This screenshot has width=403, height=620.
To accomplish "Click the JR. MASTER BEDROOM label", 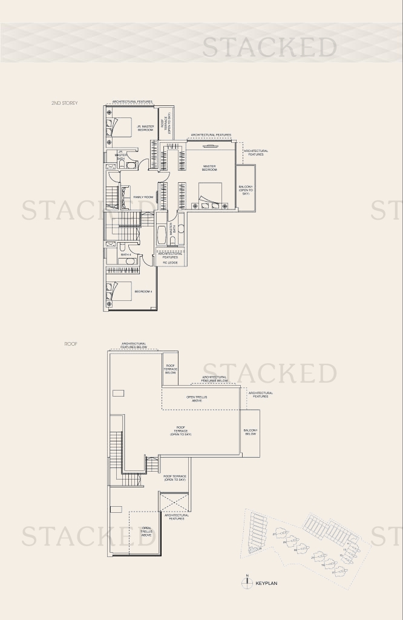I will point(145,128).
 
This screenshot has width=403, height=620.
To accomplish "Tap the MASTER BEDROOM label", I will point(209,168).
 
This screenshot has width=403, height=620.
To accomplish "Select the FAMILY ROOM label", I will point(143,197).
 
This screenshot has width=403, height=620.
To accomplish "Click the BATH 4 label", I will point(126,255).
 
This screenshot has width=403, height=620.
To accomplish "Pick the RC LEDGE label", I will point(169,263).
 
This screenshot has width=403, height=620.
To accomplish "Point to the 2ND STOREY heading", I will point(64,104).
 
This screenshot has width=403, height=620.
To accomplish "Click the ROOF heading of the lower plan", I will point(71,344).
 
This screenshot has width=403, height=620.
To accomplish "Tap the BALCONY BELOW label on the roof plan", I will point(250,432).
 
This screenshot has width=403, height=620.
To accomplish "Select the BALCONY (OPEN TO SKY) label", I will point(246,190).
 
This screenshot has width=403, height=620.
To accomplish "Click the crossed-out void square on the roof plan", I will point(174,502).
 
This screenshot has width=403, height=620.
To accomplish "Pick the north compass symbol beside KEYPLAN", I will point(246,583).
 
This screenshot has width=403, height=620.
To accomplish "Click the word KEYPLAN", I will point(266,584).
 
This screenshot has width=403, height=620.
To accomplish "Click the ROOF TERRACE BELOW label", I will point(171,369).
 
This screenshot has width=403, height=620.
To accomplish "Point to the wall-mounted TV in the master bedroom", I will point(209,146).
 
